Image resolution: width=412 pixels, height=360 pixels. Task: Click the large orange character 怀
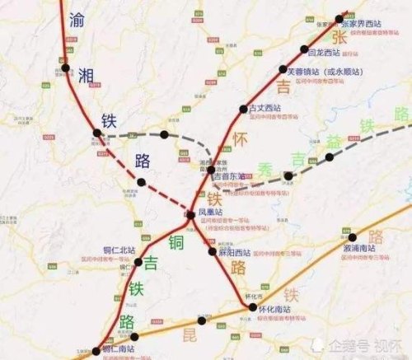(240, 138)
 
